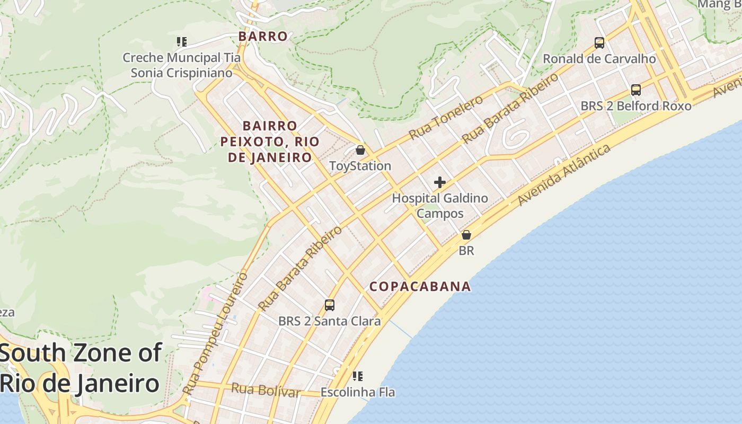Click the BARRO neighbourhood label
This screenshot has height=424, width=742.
click(x=263, y=37)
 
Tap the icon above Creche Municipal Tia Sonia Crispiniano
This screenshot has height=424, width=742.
click(x=182, y=41)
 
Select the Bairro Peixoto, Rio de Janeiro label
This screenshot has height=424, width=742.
click(x=270, y=142)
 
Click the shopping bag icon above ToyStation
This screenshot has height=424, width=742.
click(x=360, y=150)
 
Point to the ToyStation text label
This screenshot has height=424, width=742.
click(x=360, y=166)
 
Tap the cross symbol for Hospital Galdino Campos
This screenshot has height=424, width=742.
click(x=439, y=182)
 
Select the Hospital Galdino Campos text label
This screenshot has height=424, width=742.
click(x=440, y=206)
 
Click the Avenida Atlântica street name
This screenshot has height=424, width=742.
click(x=564, y=175)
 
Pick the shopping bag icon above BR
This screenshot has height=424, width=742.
click(x=466, y=234)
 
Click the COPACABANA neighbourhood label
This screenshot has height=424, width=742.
click(x=420, y=287)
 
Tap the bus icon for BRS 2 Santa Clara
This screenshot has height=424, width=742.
click(x=330, y=305)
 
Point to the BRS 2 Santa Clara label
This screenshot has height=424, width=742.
click(x=330, y=321)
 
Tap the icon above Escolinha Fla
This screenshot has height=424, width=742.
click(x=358, y=376)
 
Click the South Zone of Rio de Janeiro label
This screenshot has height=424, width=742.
click(x=81, y=367)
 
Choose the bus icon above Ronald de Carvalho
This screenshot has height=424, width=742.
click(x=599, y=43)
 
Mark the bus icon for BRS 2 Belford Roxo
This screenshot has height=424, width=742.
click(x=636, y=90)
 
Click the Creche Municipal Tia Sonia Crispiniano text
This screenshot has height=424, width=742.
click(x=182, y=65)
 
